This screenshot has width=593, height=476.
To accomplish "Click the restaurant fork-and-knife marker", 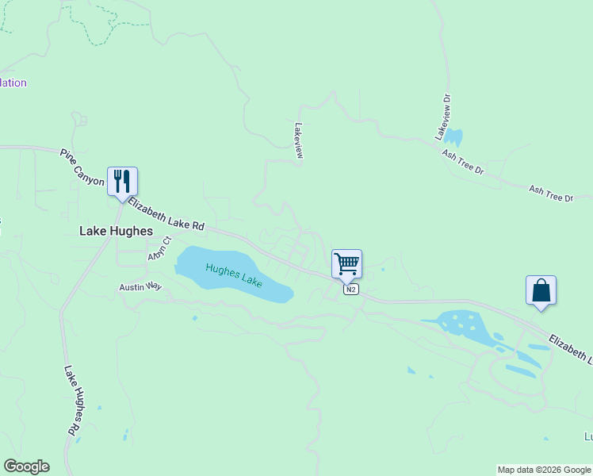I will pyautogui.click(x=122, y=182).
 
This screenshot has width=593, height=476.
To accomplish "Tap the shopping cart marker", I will pyautogui.click(x=346, y=263).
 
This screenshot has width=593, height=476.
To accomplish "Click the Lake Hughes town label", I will pyautogui.click(x=116, y=231).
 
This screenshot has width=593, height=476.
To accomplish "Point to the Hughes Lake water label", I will pyautogui.click(x=234, y=274).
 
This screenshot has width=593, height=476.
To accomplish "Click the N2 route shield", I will pyautogui.click(x=351, y=290).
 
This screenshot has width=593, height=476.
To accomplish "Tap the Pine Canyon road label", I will pyautogui.click(x=82, y=167).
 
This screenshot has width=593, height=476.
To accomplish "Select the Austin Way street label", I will pyautogui.click(x=140, y=287).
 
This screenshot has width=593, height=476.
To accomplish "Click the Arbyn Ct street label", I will pyautogui.click(x=159, y=248).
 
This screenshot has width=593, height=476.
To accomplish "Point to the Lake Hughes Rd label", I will pyautogui.click(x=71, y=400).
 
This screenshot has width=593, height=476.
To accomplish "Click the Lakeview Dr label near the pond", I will pyautogui.click(x=443, y=117).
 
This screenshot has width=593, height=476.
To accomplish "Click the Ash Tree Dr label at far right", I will pyautogui.click(x=550, y=193).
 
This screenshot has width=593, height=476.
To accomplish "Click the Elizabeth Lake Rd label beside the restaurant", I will pyautogui.click(x=166, y=214).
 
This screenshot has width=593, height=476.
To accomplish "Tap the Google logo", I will pyautogui.click(x=26, y=466).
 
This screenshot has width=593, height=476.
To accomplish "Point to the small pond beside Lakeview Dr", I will pyautogui.click(x=454, y=137).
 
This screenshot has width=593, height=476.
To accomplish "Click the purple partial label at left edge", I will pyautogui.click(x=13, y=83).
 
